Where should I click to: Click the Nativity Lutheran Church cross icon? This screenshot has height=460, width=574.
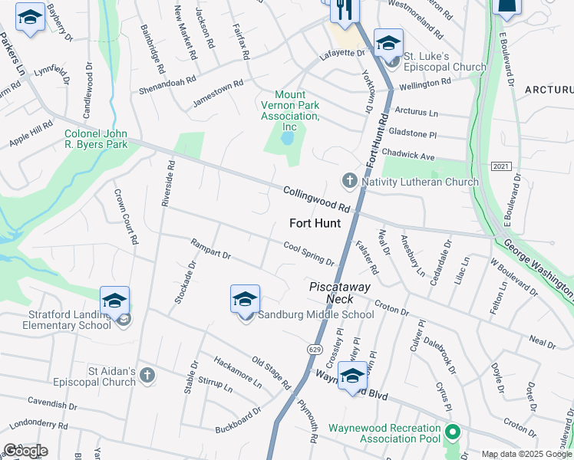[349, 182]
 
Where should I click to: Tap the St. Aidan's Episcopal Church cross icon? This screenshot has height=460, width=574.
[147, 375]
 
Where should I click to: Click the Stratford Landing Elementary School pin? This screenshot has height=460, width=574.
[114, 302]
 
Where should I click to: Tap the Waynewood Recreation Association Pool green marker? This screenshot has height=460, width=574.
[452, 432]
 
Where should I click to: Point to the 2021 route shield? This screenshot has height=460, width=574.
[500, 166]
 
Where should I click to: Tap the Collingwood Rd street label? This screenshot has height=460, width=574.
[316, 199]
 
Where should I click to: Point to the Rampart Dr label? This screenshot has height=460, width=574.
[211, 249]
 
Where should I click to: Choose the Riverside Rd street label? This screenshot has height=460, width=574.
[167, 183]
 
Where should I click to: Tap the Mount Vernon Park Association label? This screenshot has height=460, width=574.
[289, 110]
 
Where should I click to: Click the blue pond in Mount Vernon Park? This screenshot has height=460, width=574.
[287, 139]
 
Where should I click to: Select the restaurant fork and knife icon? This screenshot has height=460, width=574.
[343, 10]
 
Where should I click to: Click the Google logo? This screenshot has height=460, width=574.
[25, 450]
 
